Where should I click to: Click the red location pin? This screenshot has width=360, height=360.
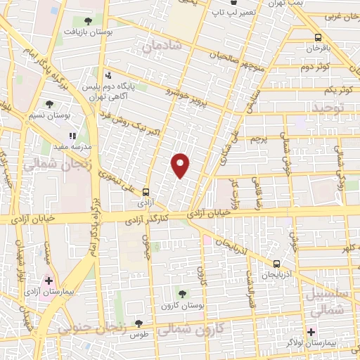(181, 165)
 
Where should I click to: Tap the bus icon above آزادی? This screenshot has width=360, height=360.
(146, 191)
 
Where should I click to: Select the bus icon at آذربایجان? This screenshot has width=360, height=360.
(276, 264)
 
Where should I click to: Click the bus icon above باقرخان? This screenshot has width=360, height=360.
(318, 37)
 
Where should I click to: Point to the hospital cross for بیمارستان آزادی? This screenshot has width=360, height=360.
(49, 281)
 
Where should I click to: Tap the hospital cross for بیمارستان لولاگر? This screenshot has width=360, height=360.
(311, 331)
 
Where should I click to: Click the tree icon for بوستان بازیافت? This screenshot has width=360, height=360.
(87, 22)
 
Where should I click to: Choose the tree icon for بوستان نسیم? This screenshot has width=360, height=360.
(49, 105)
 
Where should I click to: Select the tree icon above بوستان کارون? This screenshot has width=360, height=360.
(183, 294)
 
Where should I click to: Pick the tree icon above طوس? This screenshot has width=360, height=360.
(138, 323)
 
